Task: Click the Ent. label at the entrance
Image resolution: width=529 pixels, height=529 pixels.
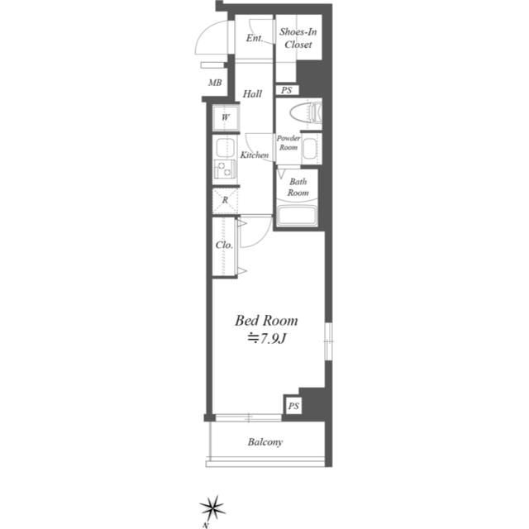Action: (x=254, y=38)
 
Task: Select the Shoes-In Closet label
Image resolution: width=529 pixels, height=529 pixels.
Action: (x=298, y=39)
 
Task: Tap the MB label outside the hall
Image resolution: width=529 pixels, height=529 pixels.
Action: (x=215, y=83)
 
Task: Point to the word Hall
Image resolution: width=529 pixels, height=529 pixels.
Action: (x=253, y=94)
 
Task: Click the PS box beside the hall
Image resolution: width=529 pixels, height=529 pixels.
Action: (x=287, y=90)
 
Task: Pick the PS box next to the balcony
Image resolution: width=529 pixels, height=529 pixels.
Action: (x=293, y=406)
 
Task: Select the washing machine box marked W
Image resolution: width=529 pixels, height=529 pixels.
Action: (x=225, y=117)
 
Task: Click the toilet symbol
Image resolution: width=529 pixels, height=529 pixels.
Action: (x=307, y=113)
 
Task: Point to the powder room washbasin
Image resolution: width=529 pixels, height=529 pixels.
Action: (x=310, y=150)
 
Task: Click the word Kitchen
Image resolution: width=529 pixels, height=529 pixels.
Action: (x=254, y=155)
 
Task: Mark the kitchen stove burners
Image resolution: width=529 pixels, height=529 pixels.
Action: (x=224, y=170)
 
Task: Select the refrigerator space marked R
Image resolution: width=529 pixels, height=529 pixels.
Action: (x=225, y=199)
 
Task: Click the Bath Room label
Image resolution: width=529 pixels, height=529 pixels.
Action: (x=298, y=187)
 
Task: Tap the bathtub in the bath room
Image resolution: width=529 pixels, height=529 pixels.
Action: (x=299, y=217)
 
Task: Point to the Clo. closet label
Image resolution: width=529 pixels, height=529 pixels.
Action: (x=223, y=245)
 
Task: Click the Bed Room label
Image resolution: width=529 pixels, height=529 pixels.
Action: (x=266, y=321)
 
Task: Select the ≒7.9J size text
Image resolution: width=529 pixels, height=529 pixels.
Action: (x=266, y=338)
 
